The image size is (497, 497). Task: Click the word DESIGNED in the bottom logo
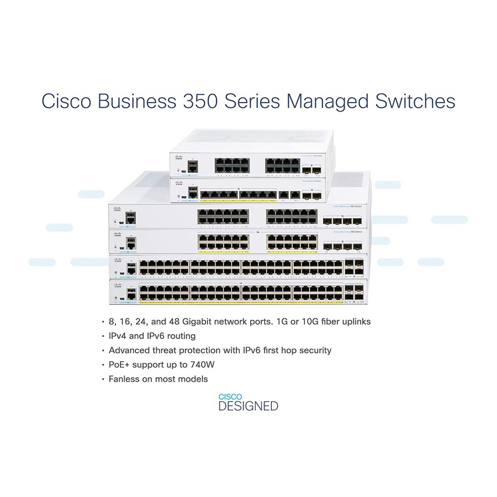click(248, 406)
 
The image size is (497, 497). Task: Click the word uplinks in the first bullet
click(356, 321)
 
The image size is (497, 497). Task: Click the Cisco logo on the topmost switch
click(178, 158)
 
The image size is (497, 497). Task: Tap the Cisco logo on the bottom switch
click(117, 285)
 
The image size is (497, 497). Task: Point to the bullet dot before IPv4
click(103, 336)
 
